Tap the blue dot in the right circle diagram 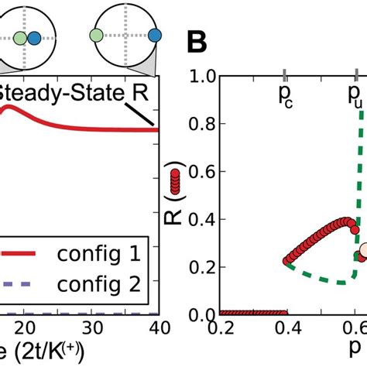(x=154, y=36)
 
